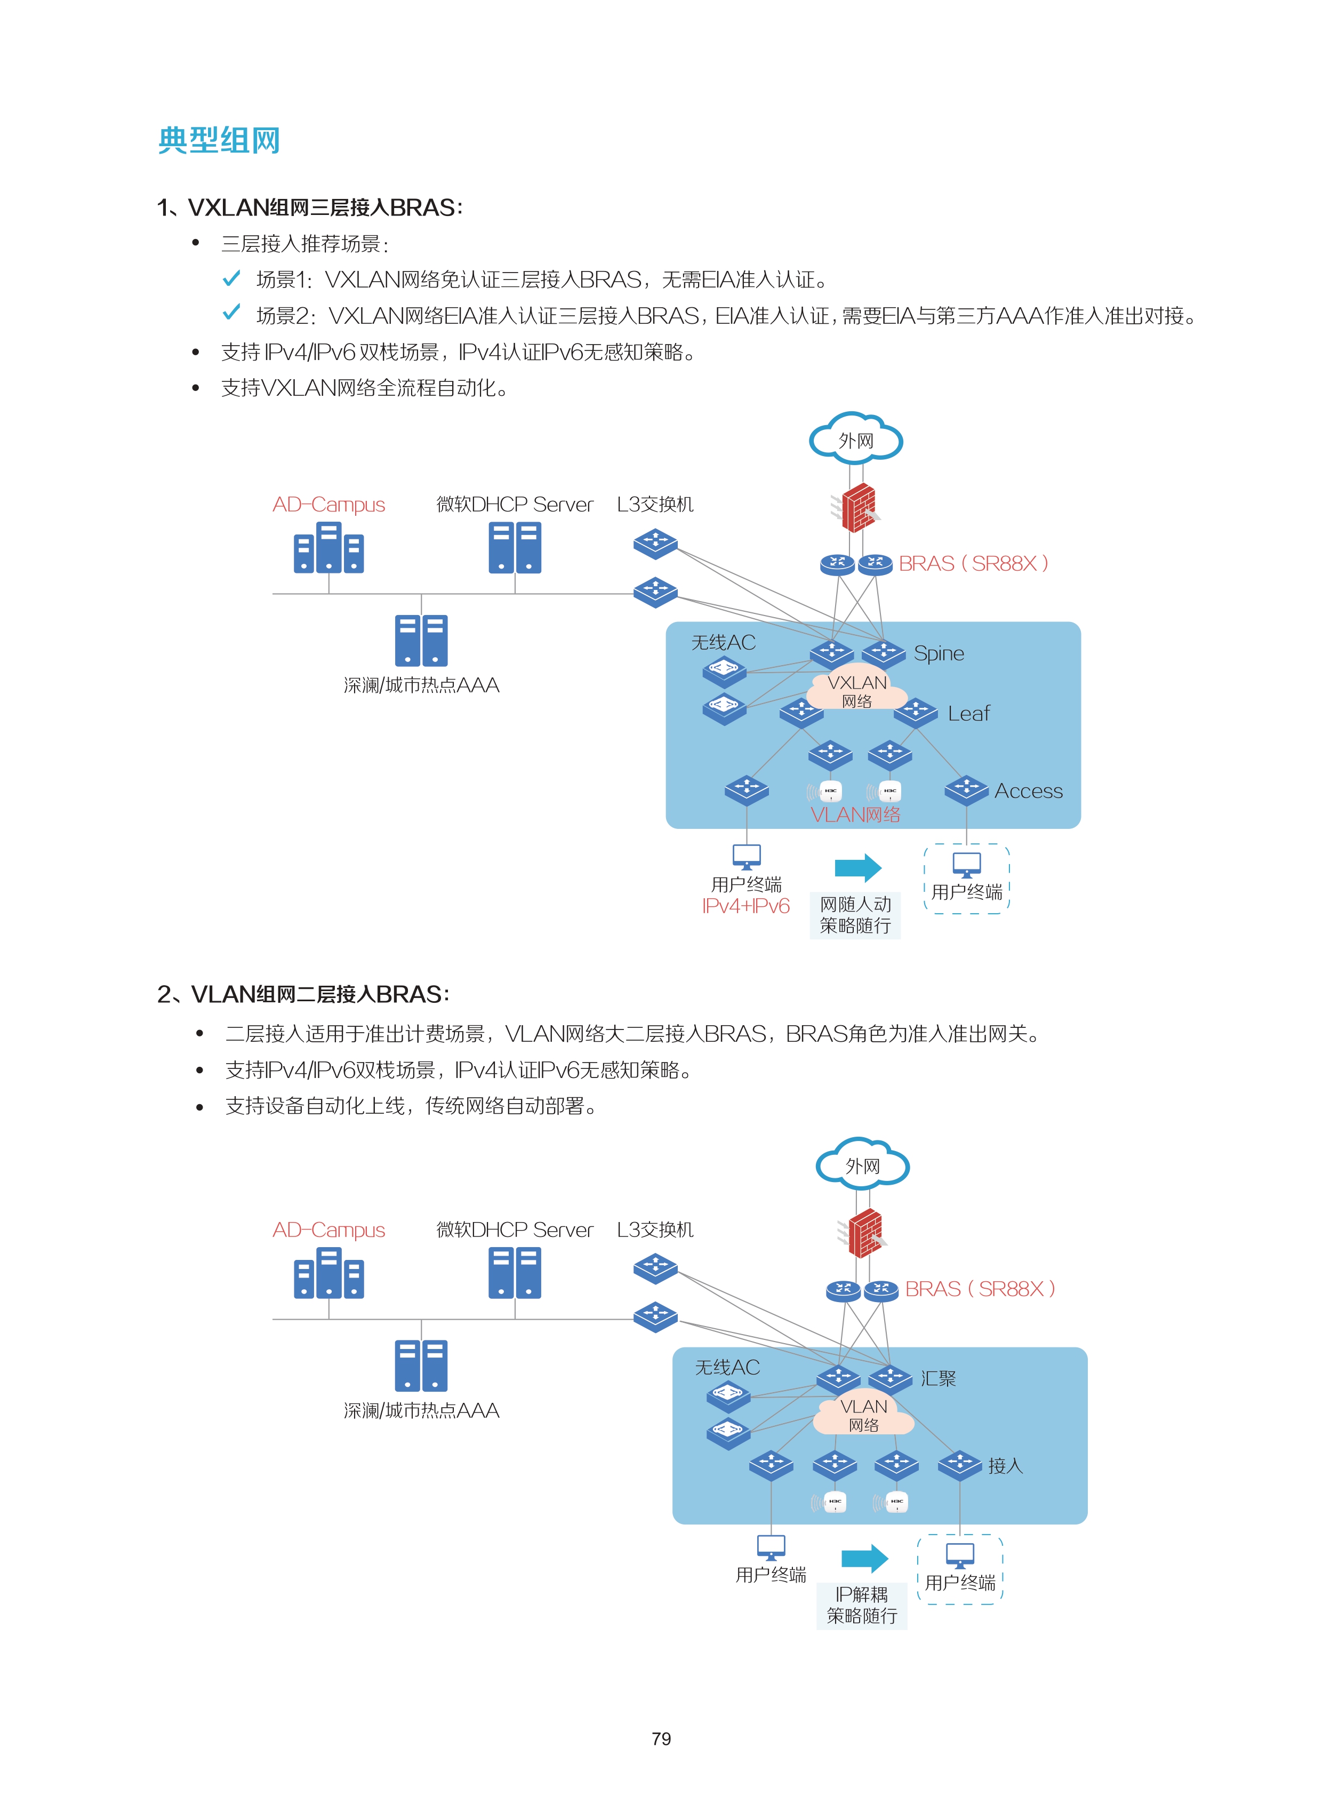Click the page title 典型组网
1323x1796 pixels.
[x=219, y=140]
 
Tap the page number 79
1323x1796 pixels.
[x=661, y=1738]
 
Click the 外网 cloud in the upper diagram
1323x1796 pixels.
[x=855, y=439]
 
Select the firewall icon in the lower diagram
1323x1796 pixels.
[x=863, y=1233]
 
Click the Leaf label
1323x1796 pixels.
[x=968, y=713]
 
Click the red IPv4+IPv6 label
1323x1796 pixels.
[x=745, y=906]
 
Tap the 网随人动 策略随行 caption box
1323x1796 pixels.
[x=855, y=915]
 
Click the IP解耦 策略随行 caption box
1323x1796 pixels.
[x=862, y=1606]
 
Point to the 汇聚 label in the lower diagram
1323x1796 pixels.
[x=938, y=1379]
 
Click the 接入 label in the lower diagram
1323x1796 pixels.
[x=1005, y=1465]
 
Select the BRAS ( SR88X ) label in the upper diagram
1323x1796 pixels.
[x=973, y=564]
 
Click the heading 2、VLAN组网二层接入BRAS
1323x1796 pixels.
[x=303, y=994]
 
